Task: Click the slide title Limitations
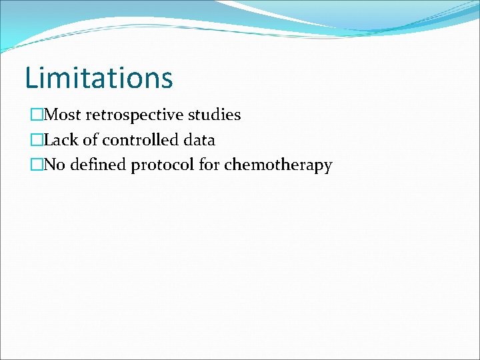[x=99, y=77]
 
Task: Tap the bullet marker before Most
[x=36, y=115]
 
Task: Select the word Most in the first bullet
[x=62, y=115]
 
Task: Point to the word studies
[x=215, y=115]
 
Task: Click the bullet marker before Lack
[x=36, y=141]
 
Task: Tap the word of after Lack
[x=90, y=140]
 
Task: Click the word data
[x=198, y=140]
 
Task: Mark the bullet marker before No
[x=36, y=165]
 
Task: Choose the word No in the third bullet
[x=54, y=165]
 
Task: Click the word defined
[x=97, y=165]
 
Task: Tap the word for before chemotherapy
[x=209, y=165]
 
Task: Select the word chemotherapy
[x=278, y=165]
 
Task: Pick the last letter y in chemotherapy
[x=327, y=167]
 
